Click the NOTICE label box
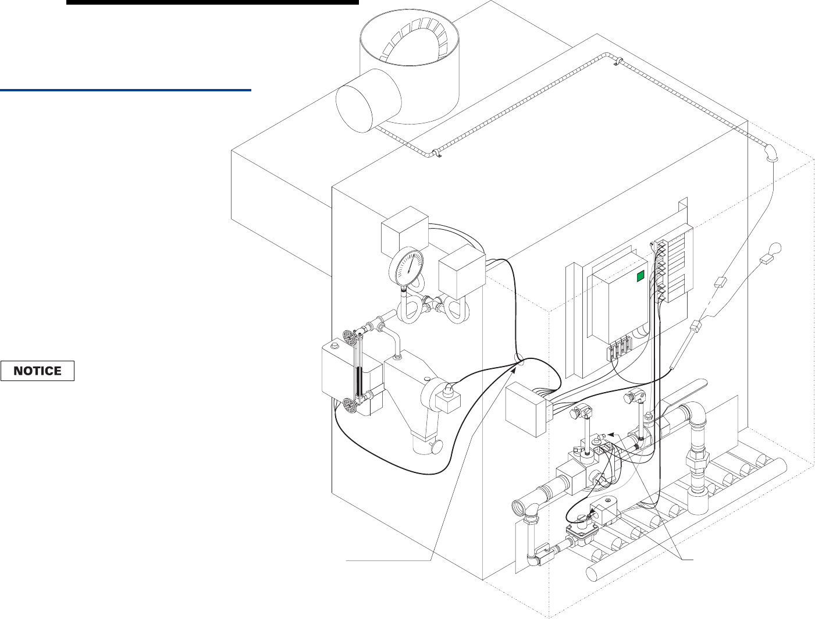(x=38, y=371)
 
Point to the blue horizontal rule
(x=125, y=90)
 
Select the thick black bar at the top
(x=212, y=2)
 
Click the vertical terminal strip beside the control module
(x=661, y=271)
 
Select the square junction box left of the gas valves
(x=525, y=410)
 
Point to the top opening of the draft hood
(x=410, y=44)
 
